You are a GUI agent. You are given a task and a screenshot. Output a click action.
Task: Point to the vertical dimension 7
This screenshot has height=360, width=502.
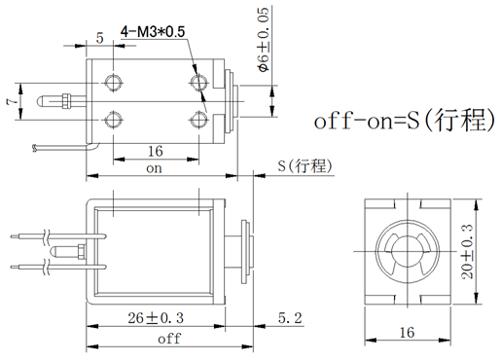11,101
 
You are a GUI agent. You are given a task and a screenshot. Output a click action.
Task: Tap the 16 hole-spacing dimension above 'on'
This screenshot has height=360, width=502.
155,151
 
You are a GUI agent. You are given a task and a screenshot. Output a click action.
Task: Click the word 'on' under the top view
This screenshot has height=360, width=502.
154,167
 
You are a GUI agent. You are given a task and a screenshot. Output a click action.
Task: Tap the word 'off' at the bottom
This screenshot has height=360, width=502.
168,339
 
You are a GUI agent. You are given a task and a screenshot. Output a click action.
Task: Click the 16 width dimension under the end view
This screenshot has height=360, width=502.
406,332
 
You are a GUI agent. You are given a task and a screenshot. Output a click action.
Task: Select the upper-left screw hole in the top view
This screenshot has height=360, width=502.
115,80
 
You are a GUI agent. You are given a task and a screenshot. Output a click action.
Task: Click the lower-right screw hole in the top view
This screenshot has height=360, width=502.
199,118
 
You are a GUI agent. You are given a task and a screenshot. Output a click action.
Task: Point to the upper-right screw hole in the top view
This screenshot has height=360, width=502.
199,80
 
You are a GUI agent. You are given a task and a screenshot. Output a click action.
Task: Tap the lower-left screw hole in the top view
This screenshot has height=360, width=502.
115,118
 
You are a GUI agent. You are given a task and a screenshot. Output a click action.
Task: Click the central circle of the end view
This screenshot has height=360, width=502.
407,253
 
